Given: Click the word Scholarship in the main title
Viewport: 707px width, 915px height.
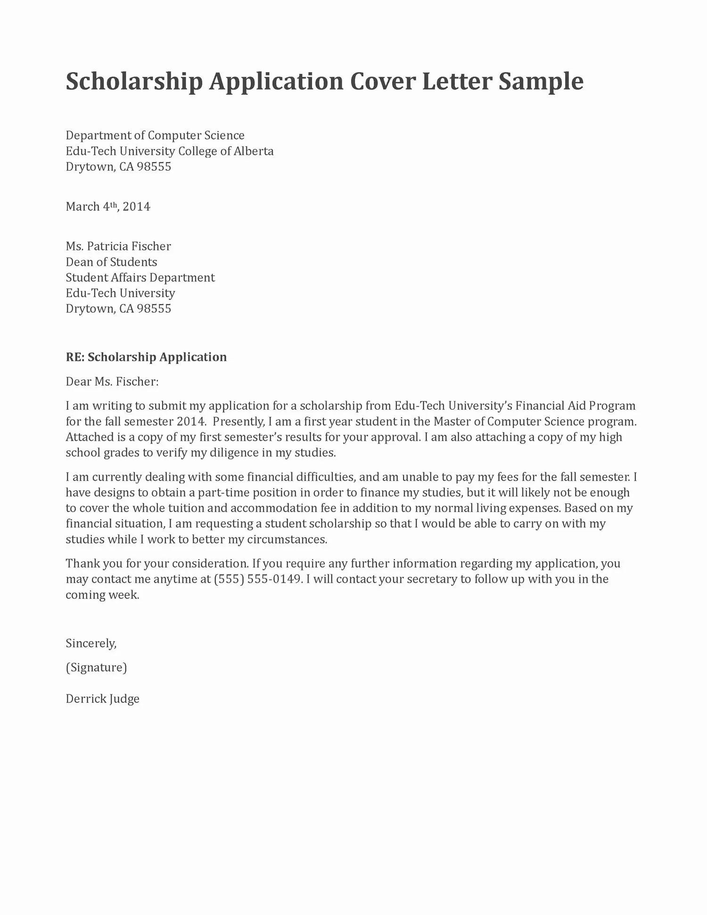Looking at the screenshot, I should pos(134,82).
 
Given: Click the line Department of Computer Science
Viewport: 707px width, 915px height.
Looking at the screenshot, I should pos(155,136).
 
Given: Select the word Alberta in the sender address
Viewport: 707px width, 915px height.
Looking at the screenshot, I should pos(254,151).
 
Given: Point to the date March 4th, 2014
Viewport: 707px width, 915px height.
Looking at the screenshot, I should pos(108,207).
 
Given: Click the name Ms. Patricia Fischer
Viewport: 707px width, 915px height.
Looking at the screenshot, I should pos(118,247).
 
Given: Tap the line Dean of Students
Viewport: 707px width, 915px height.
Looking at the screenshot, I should pos(111,262).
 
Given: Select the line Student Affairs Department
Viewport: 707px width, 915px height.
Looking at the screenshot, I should pos(140,278).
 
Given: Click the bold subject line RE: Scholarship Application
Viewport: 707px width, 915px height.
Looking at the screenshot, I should pos(146,357).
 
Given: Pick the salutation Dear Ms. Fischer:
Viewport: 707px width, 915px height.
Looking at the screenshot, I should pos(112,382).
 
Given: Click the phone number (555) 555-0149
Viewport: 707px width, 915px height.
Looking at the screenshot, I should pos(257,579).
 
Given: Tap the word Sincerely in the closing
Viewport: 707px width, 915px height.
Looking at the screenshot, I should pos(90,643).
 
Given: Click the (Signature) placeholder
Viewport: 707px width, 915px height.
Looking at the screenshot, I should pos(96,668).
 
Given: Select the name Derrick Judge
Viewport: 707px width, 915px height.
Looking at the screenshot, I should pos(102,699).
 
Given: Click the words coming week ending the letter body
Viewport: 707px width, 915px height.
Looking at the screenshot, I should pos(102,595).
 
